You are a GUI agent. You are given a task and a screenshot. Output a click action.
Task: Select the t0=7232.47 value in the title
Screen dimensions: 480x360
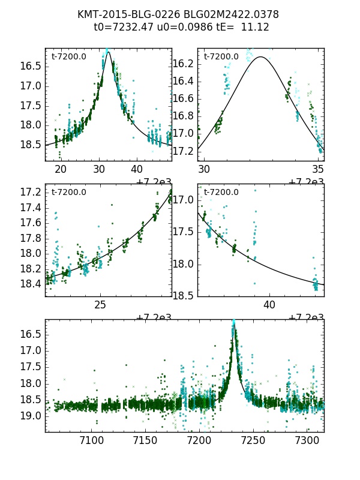coord(124,27)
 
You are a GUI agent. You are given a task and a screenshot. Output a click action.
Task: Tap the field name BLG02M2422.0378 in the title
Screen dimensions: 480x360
coord(230,14)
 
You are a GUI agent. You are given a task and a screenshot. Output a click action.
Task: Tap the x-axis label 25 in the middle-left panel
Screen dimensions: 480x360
coord(100,305)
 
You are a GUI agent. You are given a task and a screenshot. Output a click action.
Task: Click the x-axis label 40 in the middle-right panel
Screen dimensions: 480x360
coord(269,305)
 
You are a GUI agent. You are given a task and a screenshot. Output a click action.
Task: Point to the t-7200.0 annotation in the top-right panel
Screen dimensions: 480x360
coord(221,56)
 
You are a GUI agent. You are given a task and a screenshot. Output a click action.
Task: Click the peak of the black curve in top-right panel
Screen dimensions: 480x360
coord(261,57)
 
